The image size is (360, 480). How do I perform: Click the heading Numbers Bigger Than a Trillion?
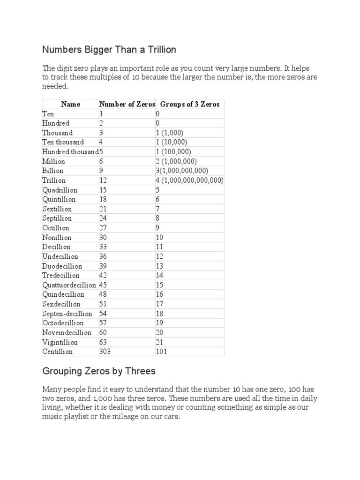109,49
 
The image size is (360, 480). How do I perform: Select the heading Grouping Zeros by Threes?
98,371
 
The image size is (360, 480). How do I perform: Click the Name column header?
71,104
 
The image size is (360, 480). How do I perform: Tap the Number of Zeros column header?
127,104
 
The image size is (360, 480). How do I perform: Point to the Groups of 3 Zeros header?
189,104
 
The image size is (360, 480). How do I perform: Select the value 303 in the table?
105,352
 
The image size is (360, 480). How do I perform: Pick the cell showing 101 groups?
161,352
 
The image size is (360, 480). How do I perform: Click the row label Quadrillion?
60,190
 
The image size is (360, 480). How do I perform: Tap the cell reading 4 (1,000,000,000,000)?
189,180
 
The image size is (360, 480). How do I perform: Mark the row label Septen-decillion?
67,314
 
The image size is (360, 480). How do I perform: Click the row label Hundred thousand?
70,152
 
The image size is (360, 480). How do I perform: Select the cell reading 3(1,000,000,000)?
182,171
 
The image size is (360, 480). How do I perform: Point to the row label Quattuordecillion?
69,285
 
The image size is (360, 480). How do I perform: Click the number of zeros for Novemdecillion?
104,333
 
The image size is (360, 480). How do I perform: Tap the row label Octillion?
56,228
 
